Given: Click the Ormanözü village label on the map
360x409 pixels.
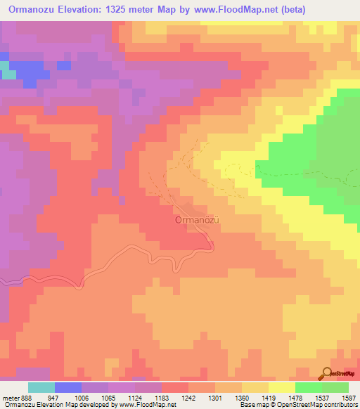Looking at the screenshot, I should [198, 219].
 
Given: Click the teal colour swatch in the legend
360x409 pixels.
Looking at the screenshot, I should [41, 387].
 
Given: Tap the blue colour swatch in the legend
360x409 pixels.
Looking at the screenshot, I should [67, 387].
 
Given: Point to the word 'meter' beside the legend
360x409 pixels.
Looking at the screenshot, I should [11, 397].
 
